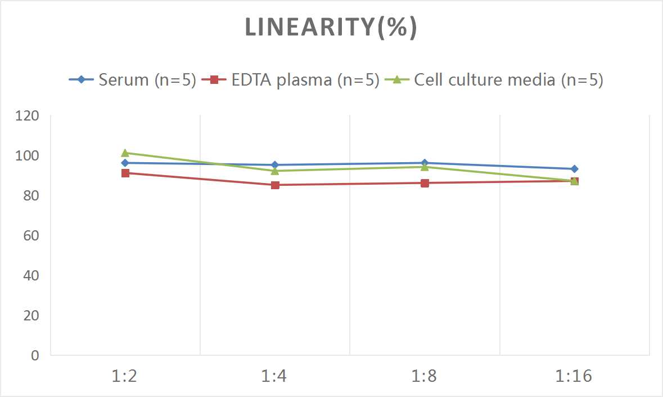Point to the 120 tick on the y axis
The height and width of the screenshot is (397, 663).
(28, 116)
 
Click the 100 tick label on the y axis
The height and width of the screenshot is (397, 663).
(28, 156)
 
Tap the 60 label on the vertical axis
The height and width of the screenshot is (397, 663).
(30, 236)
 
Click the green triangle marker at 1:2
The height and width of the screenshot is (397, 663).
(125, 153)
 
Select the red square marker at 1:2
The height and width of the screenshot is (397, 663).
(125, 173)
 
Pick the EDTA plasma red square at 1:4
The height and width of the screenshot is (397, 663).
(275, 185)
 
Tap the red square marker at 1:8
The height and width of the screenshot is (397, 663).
(425, 183)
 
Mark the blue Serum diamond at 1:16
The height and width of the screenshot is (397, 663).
(574, 169)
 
